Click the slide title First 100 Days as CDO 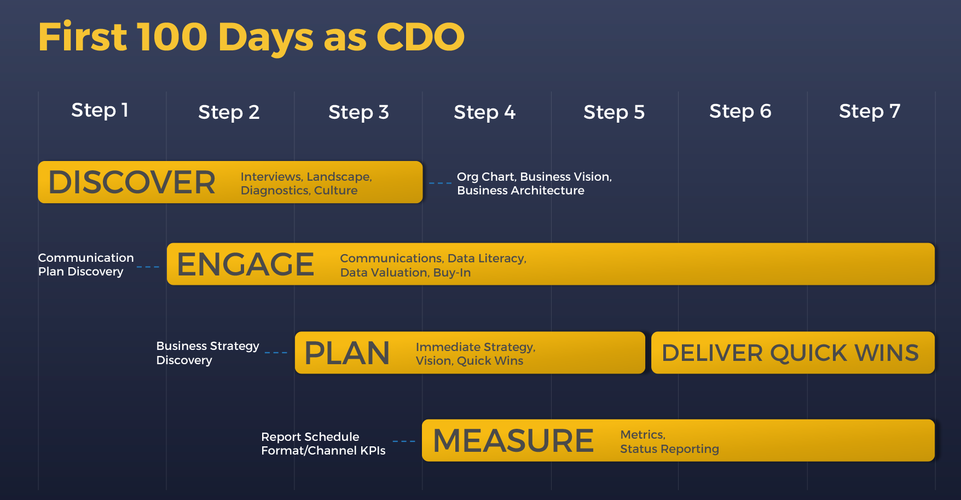click(x=251, y=37)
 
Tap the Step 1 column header click(x=100, y=110)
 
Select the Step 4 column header click(x=485, y=112)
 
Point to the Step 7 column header click(x=870, y=111)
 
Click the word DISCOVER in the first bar click(x=132, y=182)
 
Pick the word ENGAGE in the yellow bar click(x=246, y=265)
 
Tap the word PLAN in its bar click(x=347, y=353)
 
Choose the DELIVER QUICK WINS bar click(x=793, y=353)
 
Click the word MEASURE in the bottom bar click(x=513, y=441)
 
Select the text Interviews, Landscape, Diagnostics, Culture click(x=306, y=183)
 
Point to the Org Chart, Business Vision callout click(x=534, y=183)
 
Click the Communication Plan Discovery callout click(x=86, y=265)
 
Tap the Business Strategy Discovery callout click(x=208, y=353)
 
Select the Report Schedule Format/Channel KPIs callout click(x=323, y=444)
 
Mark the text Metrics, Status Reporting click(x=669, y=442)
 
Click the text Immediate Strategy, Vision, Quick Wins click(x=476, y=354)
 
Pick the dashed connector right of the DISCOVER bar click(x=441, y=183)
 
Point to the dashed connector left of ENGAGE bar click(x=148, y=267)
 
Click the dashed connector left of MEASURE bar click(x=404, y=441)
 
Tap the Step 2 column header click(x=229, y=112)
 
